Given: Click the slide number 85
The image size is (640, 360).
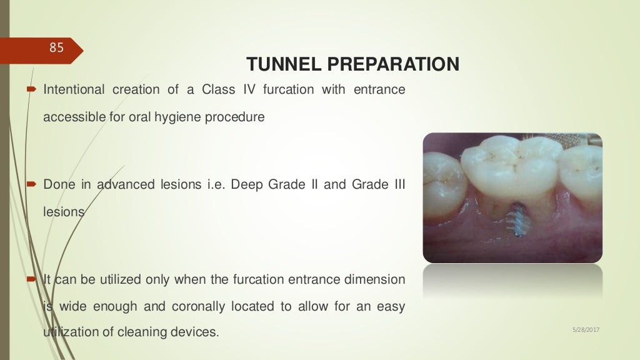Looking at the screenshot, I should coord(57,47).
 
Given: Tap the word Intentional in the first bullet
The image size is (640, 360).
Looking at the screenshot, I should coord(74,89).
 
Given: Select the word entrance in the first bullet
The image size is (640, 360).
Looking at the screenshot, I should coord(379,89).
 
